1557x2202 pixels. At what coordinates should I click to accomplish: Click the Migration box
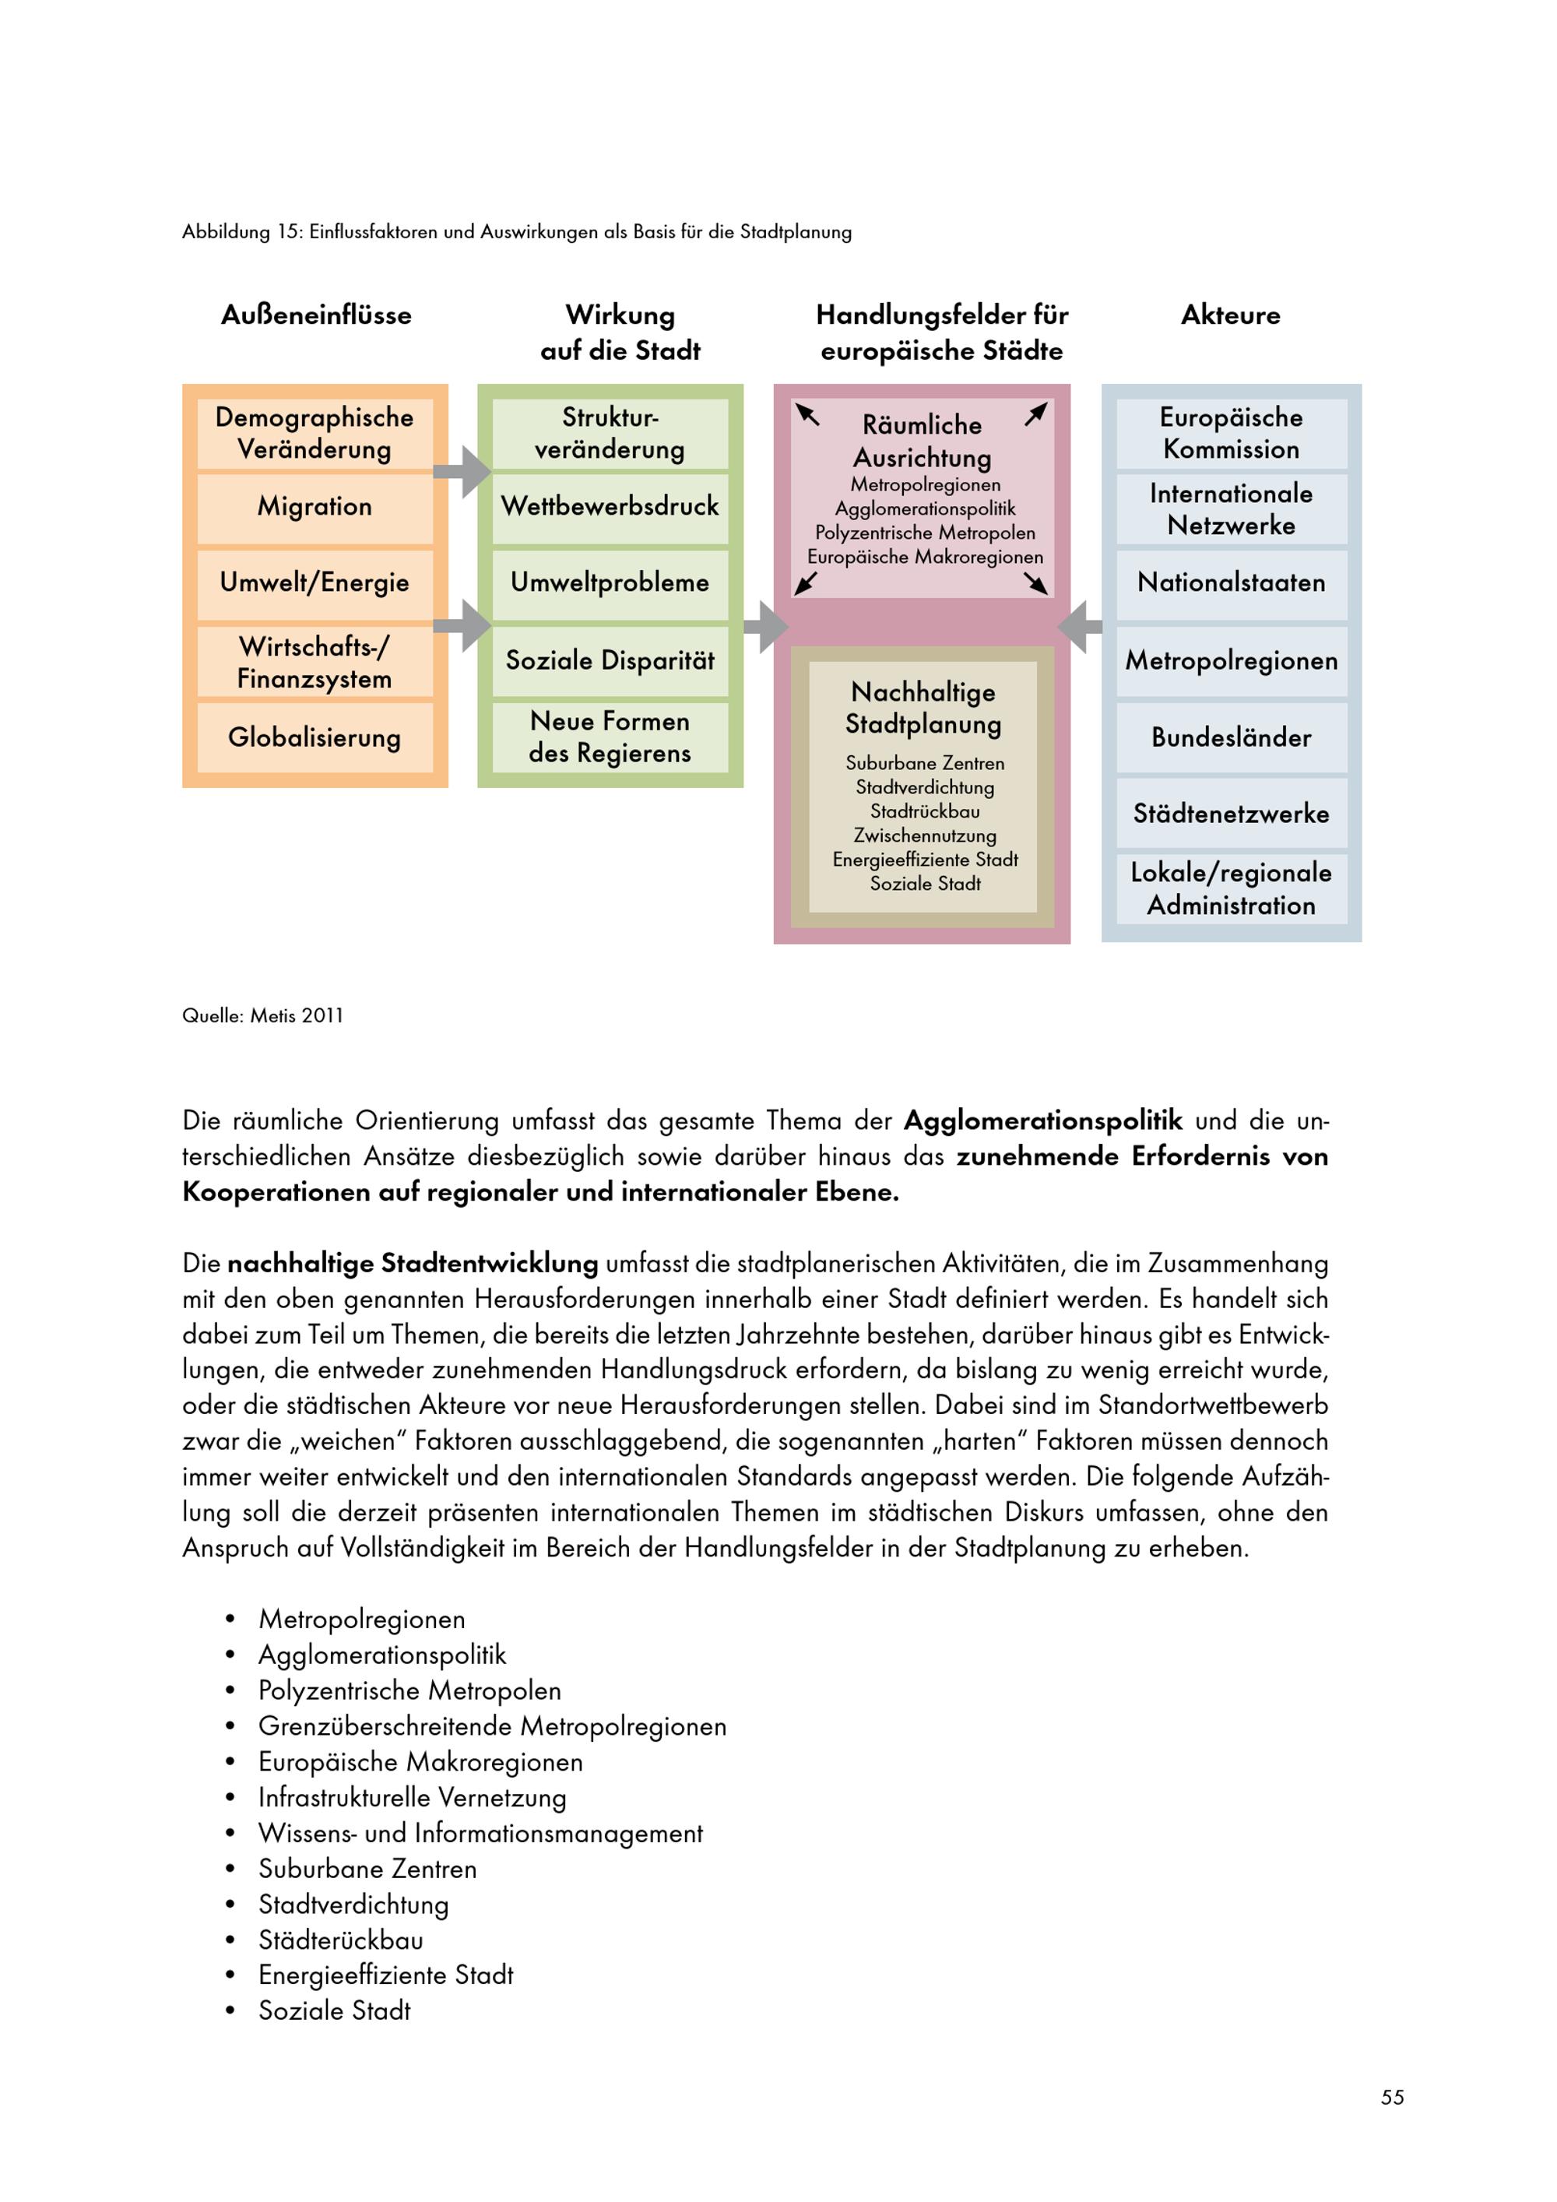pos(315,506)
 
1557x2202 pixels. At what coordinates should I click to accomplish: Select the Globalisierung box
pos(315,737)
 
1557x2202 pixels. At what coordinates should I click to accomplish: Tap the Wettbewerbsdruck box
pos(610,506)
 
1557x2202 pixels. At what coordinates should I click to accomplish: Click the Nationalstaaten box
pos(1231,582)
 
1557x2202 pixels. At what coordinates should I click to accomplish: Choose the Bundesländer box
pos(1231,737)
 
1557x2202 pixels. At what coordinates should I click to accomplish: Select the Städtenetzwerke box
pos(1231,813)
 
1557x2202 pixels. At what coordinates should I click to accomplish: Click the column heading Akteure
pos(1230,315)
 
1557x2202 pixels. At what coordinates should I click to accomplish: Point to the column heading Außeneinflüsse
pos(315,315)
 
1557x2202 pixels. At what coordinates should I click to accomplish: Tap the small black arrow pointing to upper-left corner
pos(808,414)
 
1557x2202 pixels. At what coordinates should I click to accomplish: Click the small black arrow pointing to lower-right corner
pos(1035,583)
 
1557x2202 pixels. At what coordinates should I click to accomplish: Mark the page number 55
pos(1392,2098)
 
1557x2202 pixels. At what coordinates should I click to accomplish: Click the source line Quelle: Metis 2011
pos(262,1015)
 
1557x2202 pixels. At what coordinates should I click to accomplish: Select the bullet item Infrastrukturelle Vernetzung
pos(413,1797)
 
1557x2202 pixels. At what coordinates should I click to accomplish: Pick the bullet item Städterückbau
pos(340,1940)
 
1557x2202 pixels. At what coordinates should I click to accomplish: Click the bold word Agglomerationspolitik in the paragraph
pos(1042,1120)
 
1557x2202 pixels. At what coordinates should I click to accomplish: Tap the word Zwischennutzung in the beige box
pos(924,835)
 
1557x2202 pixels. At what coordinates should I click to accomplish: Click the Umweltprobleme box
pos(610,582)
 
